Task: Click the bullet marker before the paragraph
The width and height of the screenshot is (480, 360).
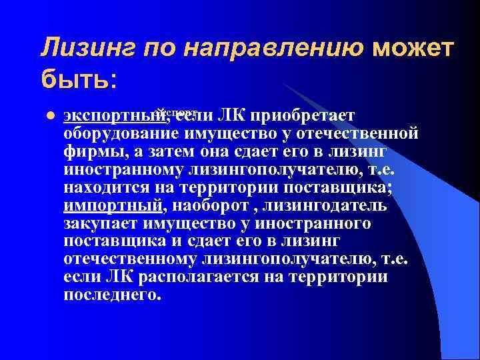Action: pos(47,115)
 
